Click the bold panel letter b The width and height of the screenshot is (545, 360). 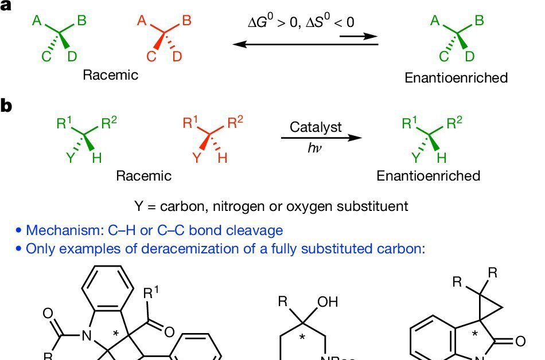[x=6, y=107]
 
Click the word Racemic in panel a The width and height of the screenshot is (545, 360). [x=111, y=75]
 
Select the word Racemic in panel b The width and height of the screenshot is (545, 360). [x=143, y=175]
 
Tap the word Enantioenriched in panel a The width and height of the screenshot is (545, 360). [x=456, y=77]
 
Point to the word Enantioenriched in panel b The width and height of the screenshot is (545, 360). [x=428, y=175]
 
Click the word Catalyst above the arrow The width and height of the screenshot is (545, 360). [x=316, y=127]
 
